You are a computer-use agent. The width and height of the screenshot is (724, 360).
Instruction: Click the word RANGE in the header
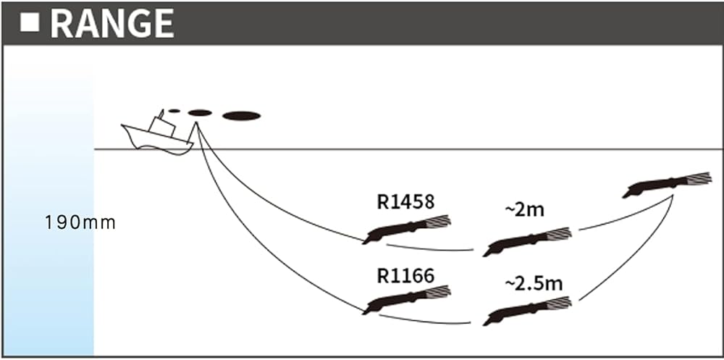pyautogui.click(x=111, y=24)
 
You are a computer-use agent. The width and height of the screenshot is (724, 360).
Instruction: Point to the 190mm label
pyautogui.click(x=80, y=222)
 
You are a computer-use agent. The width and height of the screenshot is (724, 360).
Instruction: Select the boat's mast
pyautogui.click(x=160, y=120)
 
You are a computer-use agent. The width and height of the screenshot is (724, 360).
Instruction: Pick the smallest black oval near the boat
pyautogui.click(x=174, y=111)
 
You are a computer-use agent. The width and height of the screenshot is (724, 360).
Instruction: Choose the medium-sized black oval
pyautogui.click(x=200, y=112)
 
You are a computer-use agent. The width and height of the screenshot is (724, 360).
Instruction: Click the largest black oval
pyautogui.click(x=241, y=115)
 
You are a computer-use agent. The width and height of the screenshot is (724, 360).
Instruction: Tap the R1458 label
pyautogui.click(x=405, y=201)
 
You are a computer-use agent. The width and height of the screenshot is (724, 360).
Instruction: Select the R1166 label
pyautogui.click(x=405, y=275)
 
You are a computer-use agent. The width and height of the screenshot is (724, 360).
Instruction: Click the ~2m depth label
pyautogui.click(x=524, y=210)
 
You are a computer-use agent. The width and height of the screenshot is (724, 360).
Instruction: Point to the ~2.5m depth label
pyautogui.click(x=533, y=283)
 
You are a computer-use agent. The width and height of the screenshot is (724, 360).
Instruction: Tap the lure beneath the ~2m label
pyautogui.click(x=527, y=242)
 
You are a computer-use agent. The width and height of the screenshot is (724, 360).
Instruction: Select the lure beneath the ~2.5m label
pyautogui.click(x=527, y=310)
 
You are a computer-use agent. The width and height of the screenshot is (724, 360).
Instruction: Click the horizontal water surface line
pyautogui.click(x=434, y=149)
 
